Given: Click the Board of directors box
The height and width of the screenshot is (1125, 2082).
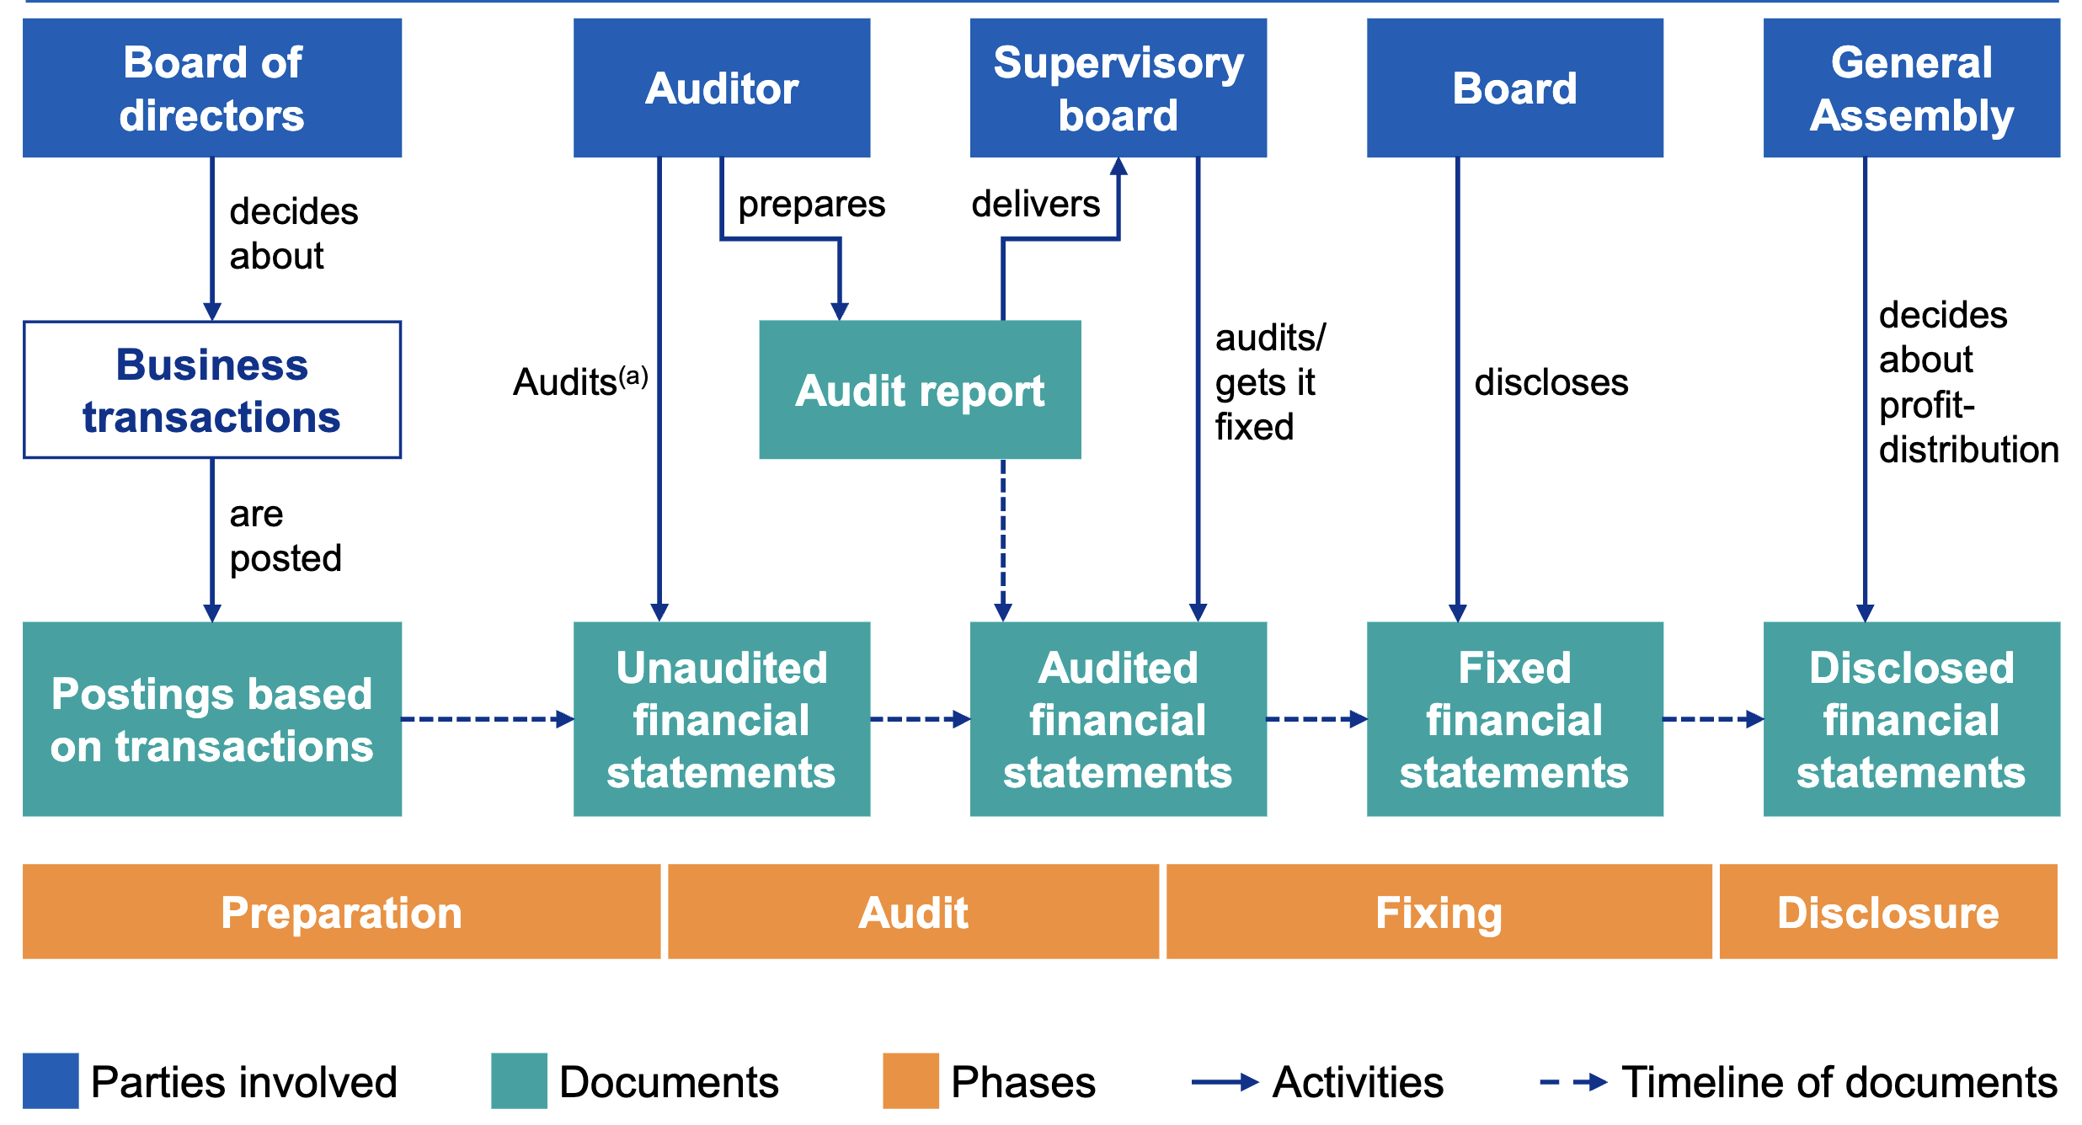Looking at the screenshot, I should pos(212,88).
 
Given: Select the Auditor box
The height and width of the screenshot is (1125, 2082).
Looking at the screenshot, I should pos(722,88).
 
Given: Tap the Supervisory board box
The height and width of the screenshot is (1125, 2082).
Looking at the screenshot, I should pos(1118,88).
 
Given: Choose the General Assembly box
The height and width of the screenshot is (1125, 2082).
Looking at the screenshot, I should pos(1912,88).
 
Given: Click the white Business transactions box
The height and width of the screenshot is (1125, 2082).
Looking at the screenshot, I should pos(212,390).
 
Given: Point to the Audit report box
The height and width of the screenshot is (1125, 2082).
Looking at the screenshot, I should pos(920,390).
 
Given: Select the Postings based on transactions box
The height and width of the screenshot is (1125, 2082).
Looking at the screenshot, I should pos(212,719).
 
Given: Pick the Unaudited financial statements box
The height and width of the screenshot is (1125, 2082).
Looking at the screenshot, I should pos(722,719).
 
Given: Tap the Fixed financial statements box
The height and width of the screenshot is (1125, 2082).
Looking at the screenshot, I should pos(1514,719).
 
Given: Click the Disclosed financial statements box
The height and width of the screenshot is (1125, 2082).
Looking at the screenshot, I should pos(1912,719).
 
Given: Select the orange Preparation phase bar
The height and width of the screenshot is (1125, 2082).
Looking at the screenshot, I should pos(341,912).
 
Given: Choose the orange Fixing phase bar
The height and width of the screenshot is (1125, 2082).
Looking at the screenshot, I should pos(1439,912).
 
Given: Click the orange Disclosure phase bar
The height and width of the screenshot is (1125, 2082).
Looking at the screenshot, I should pos(1888,912).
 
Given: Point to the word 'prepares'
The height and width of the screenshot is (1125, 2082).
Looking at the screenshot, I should pos(811,205).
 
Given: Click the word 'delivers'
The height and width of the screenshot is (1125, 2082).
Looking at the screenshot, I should pos(1035,204).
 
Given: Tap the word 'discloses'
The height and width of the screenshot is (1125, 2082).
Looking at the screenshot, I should pos(1551,382).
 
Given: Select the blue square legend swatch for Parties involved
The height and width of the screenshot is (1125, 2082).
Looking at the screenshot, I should pos(51,1081).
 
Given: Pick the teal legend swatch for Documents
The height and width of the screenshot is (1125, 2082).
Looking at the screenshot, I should pos(519,1081).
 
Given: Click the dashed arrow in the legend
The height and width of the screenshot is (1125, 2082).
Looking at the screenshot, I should pos(1573,1082).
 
